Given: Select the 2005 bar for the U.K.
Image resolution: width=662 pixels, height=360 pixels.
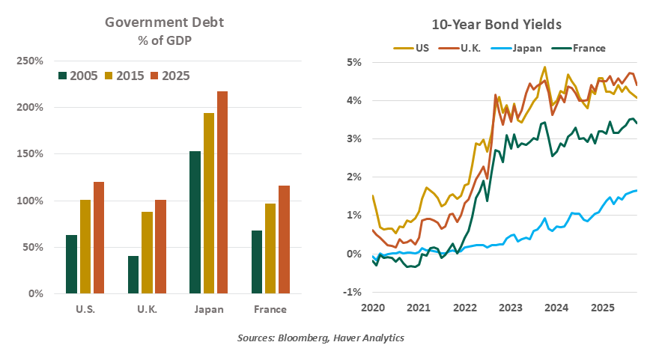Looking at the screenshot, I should point(134,275).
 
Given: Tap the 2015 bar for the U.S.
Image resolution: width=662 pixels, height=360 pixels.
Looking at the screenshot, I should point(85,246).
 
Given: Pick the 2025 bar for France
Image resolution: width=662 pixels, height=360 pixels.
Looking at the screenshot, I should point(285,240).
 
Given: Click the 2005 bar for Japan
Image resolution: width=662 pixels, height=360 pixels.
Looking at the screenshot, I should point(195,222).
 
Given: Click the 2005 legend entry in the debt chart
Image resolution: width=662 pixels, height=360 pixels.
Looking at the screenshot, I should point(79,76).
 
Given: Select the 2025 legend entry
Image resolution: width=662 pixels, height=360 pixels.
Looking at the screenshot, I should point(170,76).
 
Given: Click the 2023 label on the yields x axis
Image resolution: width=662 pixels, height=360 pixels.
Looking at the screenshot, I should point(511,308).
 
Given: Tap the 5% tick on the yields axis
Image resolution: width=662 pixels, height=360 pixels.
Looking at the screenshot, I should point(353,62).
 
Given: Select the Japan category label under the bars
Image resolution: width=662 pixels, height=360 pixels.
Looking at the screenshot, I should point(209,309).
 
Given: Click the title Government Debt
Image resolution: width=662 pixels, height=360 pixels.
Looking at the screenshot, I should point(164,22).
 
